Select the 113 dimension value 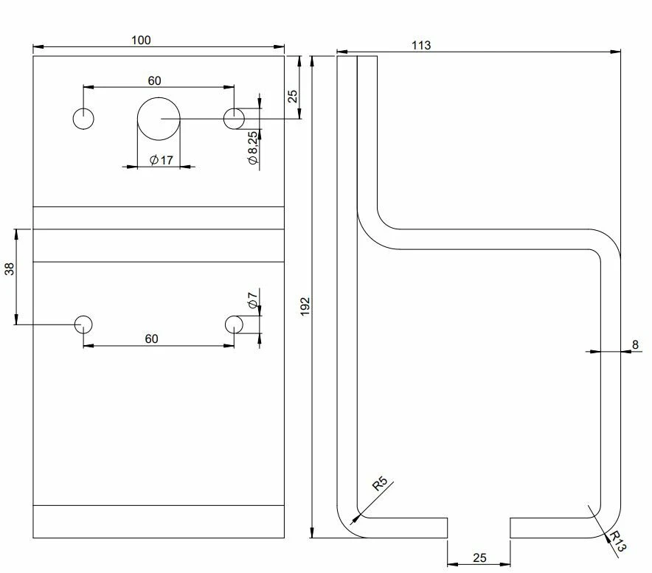tap(420, 45)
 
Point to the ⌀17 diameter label tap(161, 160)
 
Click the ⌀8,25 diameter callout tap(253, 148)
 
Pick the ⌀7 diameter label tap(252, 300)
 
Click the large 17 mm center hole tap(159, 118)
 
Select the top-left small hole tap(83, 118)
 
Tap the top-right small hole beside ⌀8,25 tap(234, 118)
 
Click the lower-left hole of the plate tap(83, 324)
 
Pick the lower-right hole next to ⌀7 tap(234, 324)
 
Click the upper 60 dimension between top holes tap(154, 80)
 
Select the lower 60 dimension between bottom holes tap(151, 338)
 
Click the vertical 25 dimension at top tap(293, 96)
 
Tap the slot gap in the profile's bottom tap(479, 527)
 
